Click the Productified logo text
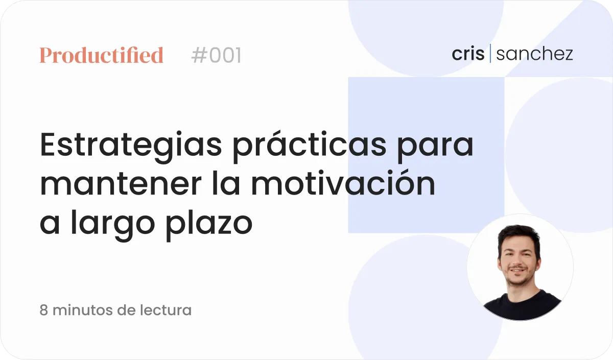tap(102, 55)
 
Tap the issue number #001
tap(216, 55)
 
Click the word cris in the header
tap(468, 54)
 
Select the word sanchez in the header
tap(534, 54)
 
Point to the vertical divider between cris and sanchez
tap(490, 53)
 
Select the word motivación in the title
tap(343, 182)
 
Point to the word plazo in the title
tap(209, 224)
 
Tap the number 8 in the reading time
tap(44, 310)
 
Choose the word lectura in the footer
tap(166, 310)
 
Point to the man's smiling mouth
tap(517, 271)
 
